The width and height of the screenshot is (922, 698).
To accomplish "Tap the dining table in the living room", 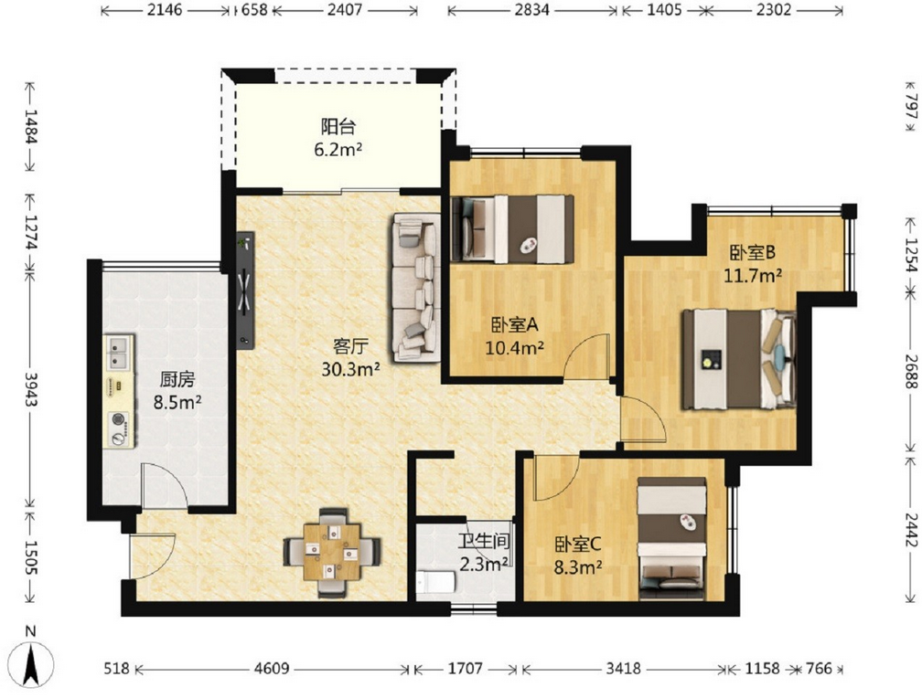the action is [332, 552].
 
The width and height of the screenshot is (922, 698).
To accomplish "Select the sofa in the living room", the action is [416, 287].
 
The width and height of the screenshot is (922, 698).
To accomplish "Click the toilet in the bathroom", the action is [435, 582].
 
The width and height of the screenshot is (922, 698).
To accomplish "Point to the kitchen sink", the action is [119, 352].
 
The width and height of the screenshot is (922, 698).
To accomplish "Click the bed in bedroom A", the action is [512, 228].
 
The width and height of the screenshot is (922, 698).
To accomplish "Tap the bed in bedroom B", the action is [738, 359].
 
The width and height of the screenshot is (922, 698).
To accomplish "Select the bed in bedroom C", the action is [672, 538].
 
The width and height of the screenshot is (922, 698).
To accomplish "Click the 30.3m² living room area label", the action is [350, 369].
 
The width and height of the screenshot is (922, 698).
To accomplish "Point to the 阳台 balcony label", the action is [338, 126].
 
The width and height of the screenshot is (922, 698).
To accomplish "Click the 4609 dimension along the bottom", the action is [273, 669].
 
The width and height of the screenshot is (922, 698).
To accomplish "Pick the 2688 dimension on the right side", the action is [911, 371].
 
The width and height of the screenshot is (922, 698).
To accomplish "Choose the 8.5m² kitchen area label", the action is [177, 403].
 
